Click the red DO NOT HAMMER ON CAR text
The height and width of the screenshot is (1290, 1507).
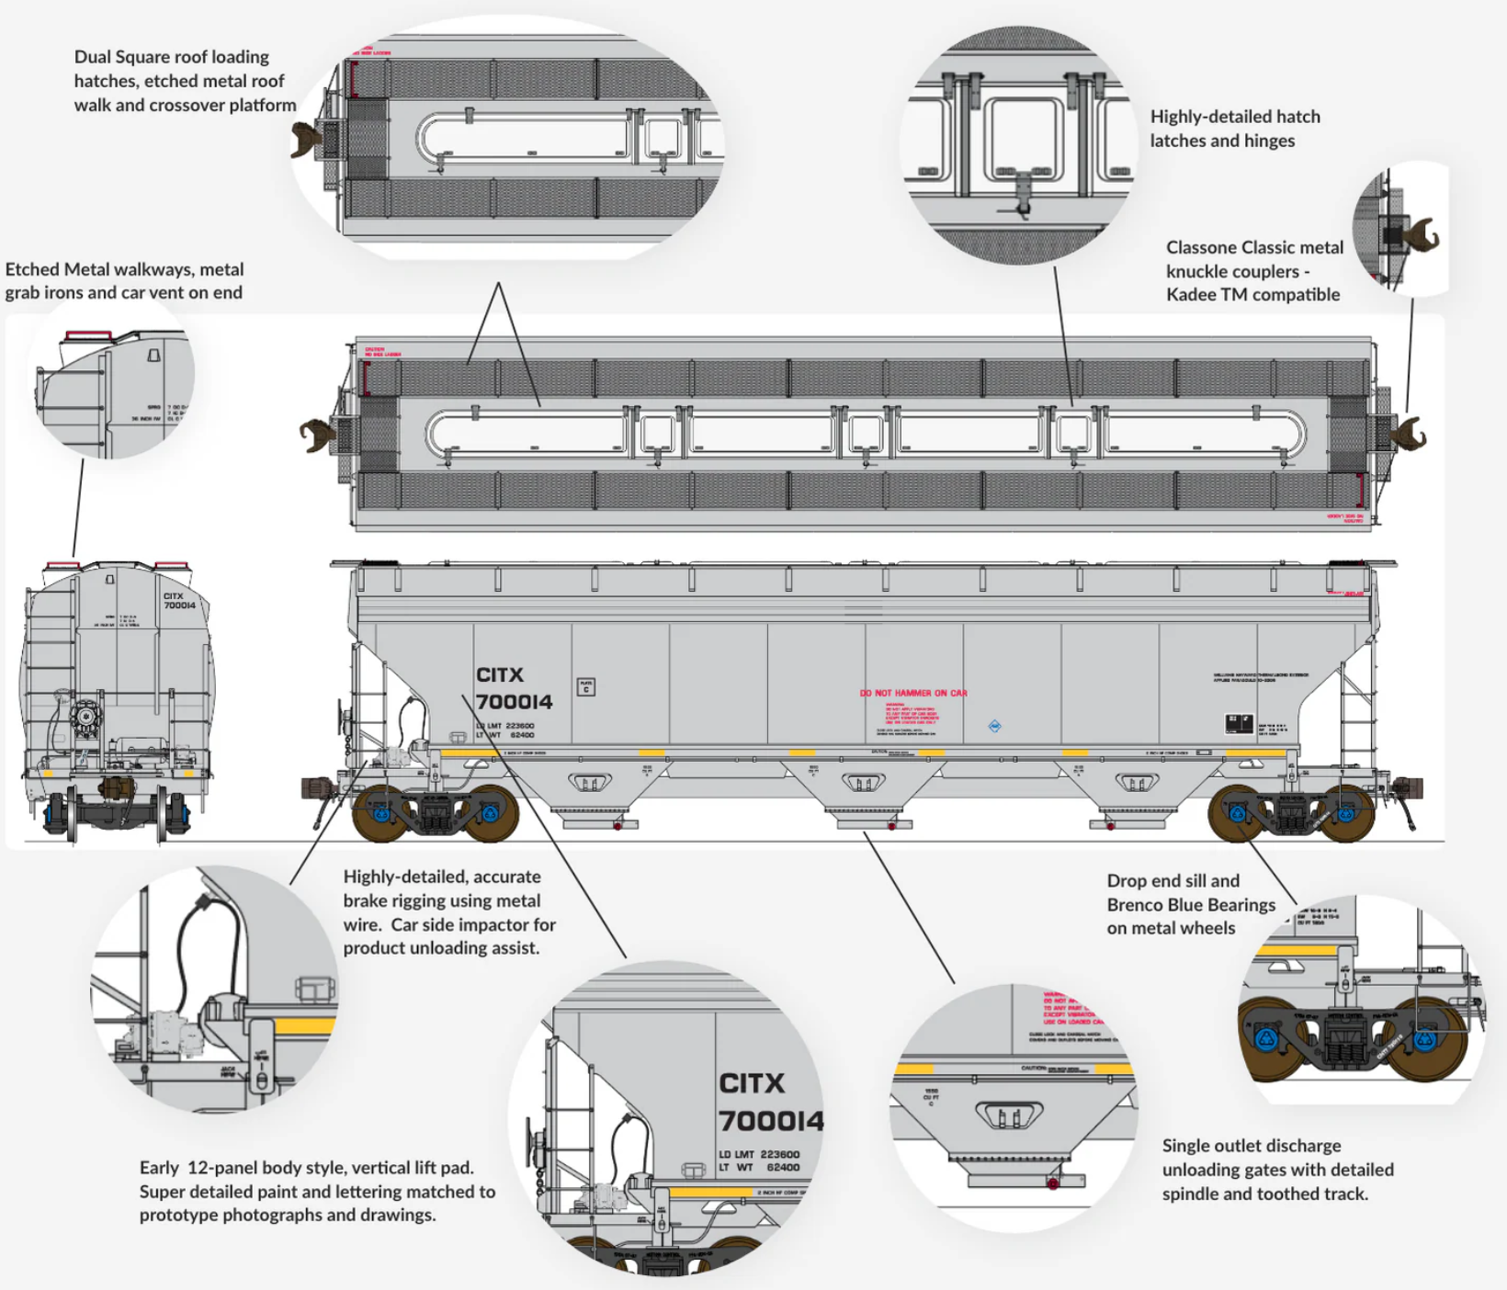pyautogui.click(x=913, y=693)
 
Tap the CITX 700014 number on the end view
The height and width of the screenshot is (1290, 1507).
pyautogui.click(x=179, y=601)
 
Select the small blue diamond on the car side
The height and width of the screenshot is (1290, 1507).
pyautogui.click(x=994, y=726)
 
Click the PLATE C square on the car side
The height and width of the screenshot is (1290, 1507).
pyautogui.click(x=585, y=686)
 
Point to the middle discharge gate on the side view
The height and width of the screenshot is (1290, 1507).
pyautogui.click(x=863, y=784)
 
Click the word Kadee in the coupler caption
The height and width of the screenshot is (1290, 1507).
pyautogui.click(x=1192, y=295)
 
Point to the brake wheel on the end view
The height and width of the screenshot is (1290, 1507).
pyautogui.click(x=85, y=717)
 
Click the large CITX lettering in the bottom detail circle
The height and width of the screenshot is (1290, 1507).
pyautogui.click(x=752, y=1083)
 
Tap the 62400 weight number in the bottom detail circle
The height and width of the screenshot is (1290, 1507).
pyautogui.click(x=783, y=1168)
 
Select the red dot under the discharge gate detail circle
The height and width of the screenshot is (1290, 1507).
pyautogui.click(x=1053, y=1183)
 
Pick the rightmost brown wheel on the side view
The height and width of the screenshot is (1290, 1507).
pyautogui.click(x=1346, y=813)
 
